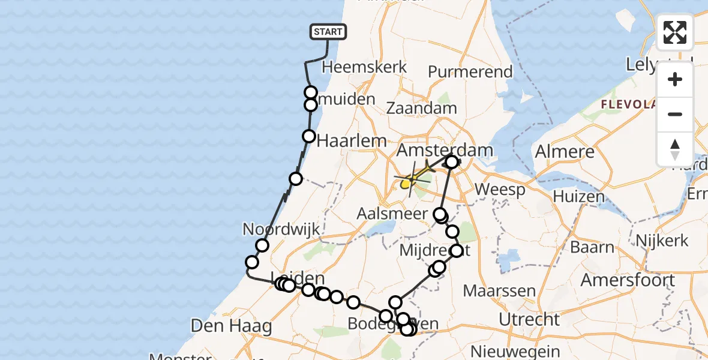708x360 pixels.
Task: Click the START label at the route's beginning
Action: [x=328, y=32]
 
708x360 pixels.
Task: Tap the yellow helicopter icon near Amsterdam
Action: [x=414, y=178]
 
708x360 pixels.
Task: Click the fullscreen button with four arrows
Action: [x=675, y=32]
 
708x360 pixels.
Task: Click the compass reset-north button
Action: [x=675, y=148]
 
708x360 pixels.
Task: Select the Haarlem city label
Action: [x=351, y=141]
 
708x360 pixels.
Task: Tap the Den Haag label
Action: [x=231, y=326]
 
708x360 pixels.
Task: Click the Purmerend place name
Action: [x=470, y=72]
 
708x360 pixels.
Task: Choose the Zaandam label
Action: [x=421, y=109]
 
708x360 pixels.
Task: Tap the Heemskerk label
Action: [x=365, y=67]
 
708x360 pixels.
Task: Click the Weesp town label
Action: [x=500, y=190]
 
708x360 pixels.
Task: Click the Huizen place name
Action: [x=579, y=196]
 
